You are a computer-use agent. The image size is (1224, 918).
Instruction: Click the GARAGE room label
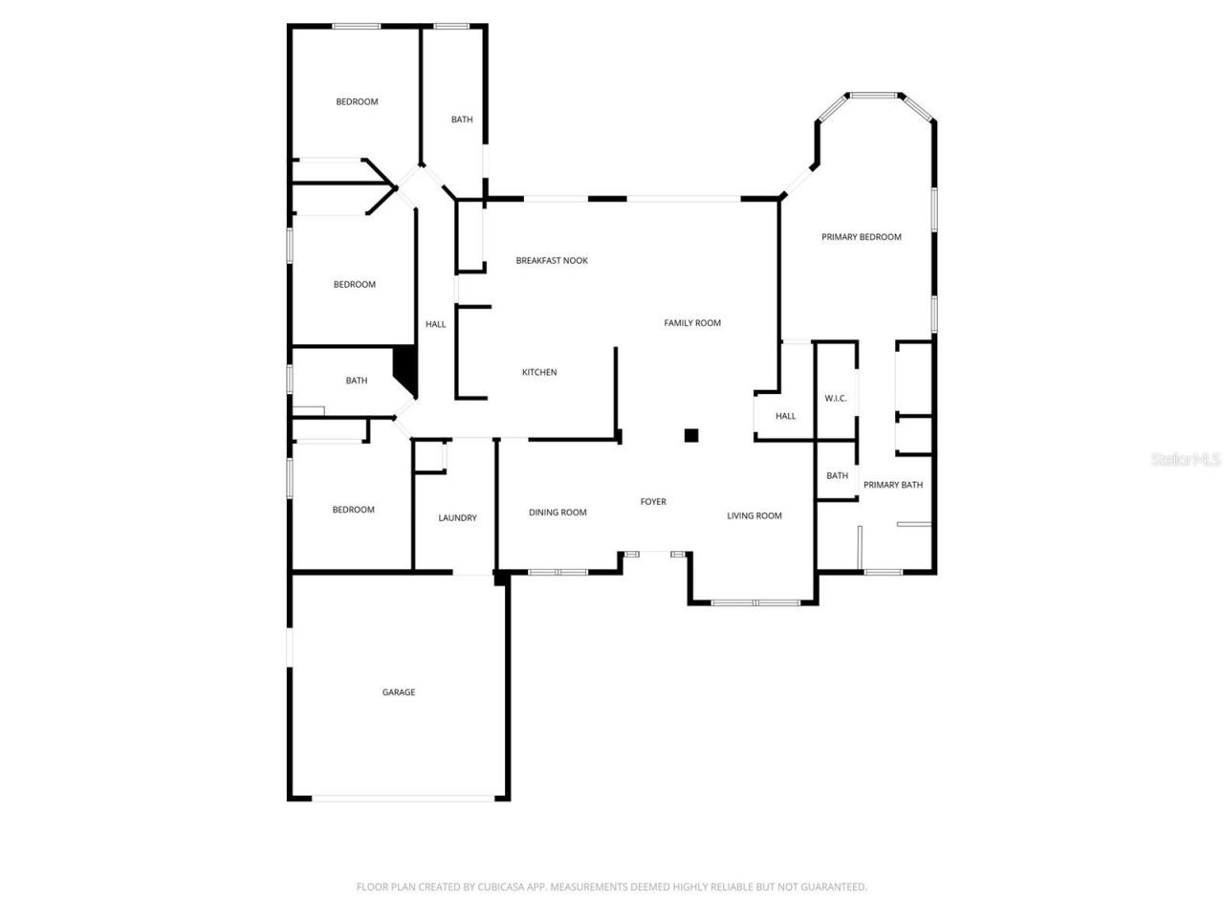click(399, 692)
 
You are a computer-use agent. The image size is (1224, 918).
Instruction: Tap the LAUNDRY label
click(457, 518)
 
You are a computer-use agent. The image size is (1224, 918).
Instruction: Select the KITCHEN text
click(539, 373)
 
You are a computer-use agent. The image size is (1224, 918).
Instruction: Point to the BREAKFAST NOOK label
click(552, 261)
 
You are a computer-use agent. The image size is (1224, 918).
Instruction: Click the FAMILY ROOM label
click(692, 323)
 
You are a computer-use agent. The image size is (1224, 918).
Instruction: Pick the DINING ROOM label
click(557, 513)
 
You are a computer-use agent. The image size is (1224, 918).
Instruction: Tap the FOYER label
click(653, 502)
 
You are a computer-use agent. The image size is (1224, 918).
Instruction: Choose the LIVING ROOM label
click(754, 516)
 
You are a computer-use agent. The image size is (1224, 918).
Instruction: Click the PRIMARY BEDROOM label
click(862, 237)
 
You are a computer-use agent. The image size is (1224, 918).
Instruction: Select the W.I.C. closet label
click(836, 399)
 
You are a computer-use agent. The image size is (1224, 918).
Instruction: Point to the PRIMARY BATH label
click(893, 485)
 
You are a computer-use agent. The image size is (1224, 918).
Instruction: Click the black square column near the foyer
click(691, 436)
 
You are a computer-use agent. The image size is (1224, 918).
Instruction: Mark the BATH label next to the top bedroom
click(462, 120)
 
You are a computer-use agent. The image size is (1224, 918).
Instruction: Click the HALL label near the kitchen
click(436, 325)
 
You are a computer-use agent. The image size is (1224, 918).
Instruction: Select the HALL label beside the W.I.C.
click(786, 416)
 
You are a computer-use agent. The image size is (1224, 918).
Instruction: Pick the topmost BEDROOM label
click(357, 102)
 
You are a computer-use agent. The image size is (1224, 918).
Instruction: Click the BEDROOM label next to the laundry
click(353, 510)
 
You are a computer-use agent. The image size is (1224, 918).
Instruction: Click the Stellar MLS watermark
click(1186, 460)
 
